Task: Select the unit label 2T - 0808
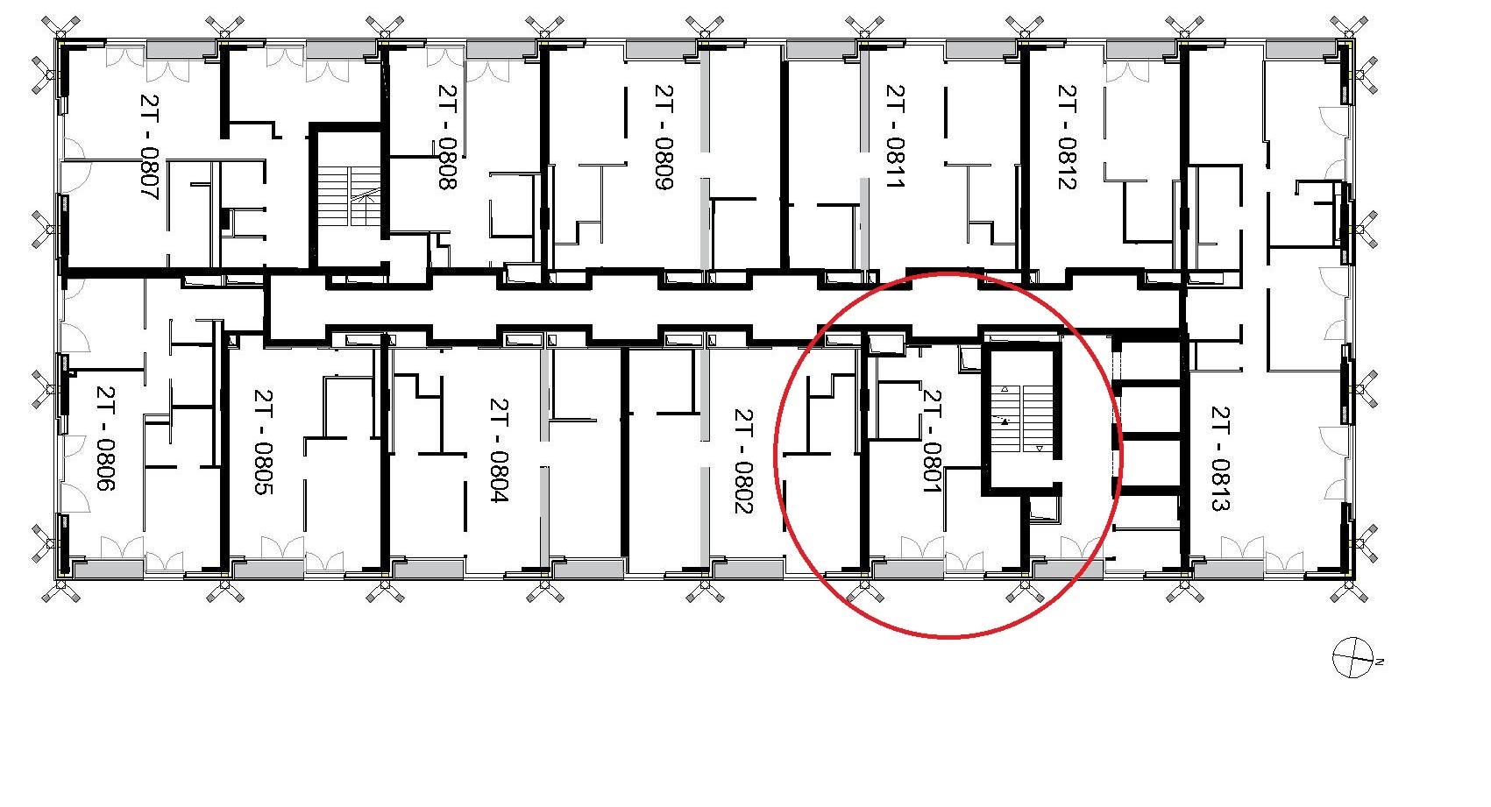pos(448,137)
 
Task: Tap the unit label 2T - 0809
pos(664,137)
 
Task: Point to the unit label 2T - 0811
pos(896,137)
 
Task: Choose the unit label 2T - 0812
pos(1068,137)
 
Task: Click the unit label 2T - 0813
pos(1221,458)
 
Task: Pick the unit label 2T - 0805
pos(264,442)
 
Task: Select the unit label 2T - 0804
pos(500,450)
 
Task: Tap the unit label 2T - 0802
pos(743,461)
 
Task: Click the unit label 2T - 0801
pos(932,441)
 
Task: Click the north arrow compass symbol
pos(1353,657)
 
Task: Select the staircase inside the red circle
pos(1022,419)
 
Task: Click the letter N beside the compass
pos(1380,662)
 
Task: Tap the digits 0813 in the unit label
pos(1221,485)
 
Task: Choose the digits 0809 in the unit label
pos(664,164)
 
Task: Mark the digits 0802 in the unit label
pos(743,488)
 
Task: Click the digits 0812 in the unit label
pos(1068,163)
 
